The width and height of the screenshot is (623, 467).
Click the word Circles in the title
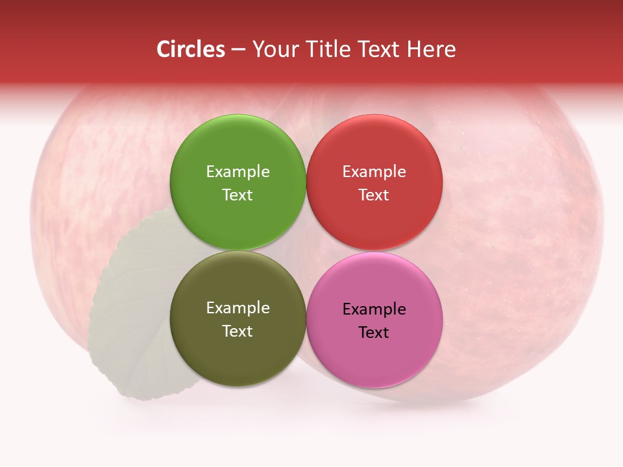pyautogui.click(x=190, y=49)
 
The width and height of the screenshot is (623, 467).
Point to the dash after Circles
pyautogui.click(x=238, y=50)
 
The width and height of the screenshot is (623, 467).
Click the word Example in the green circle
pyautogui.click(x=238, y=172)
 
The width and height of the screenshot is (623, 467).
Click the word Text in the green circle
pyautogui.click(x=238, y=195)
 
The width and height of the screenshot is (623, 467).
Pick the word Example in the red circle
pyautogui.click(x=374, y=172)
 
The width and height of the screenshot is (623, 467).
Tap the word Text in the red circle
pyautogui.click(x=374, y=195)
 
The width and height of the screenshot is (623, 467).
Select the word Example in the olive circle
pyautogui.click(x=238, y=308)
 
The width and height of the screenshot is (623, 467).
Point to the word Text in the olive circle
pyautogui.click(x=238, y=331)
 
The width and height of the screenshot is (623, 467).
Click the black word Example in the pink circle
pyautogui.click(x=374, y=309)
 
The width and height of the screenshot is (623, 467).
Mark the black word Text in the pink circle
pyautogui.click(x=374, y=333)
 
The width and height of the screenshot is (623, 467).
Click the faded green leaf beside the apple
pyautogui.click(x=130, y=311)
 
